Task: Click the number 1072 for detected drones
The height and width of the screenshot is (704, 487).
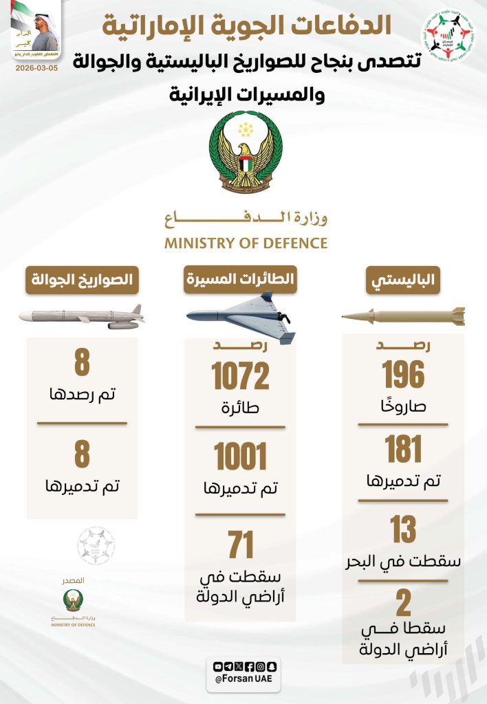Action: click(x=240, y=375)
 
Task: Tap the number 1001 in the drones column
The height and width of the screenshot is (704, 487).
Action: click(x=240, y=457)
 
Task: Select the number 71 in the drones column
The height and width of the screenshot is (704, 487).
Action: click(x=240, y=544)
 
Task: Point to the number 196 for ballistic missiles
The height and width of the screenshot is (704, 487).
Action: click(x=403, y=375)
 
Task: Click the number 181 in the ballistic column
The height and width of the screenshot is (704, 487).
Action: click(x=403, y=450)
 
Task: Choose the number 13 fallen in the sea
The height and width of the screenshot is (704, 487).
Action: click(x=403, y=529)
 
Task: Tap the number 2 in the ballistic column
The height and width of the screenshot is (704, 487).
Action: click(x=403, y=603)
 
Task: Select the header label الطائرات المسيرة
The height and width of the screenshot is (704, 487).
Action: click(x=240, y=279)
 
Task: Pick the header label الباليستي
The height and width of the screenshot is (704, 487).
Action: click(x=403, y=280)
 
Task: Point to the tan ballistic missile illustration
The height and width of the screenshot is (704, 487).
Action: click(x=403, y=316)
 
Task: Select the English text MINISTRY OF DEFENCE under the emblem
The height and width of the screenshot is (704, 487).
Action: click(x=245, y=243)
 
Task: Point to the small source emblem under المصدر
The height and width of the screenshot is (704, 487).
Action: click(x=75, y=600)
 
